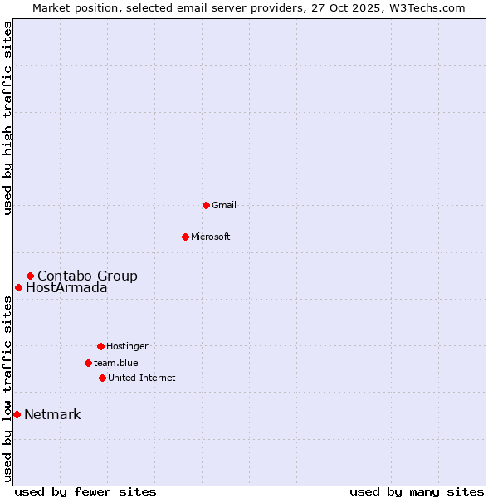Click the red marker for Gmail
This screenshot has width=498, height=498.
coord(206,205)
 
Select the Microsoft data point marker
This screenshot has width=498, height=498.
coord(185,237)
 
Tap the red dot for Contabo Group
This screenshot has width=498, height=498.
coord(30,276)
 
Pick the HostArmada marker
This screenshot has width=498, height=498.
coord(18,287)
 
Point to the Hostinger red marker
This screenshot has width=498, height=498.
coord(100,346)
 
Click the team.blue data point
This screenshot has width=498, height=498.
coord(88,363)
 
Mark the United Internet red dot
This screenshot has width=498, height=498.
coord(102,378)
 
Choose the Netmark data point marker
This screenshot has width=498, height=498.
coord(17,414)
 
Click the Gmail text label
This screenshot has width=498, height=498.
coord(224,205)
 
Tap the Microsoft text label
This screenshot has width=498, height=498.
coord(211,237)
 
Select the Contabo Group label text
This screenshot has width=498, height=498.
coord(87,276)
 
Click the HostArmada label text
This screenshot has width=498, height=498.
coord(66,288)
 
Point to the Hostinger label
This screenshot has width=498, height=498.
coord(127,346)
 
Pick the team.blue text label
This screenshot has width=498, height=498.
coord(116,363)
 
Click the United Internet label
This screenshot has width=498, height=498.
coord(141,378)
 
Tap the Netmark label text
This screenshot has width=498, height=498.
coord(52,415)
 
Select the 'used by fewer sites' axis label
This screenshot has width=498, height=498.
coord(85,491)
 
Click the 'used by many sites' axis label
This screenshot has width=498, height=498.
coord(417,491)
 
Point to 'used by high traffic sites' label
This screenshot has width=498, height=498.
coord(7,119)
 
